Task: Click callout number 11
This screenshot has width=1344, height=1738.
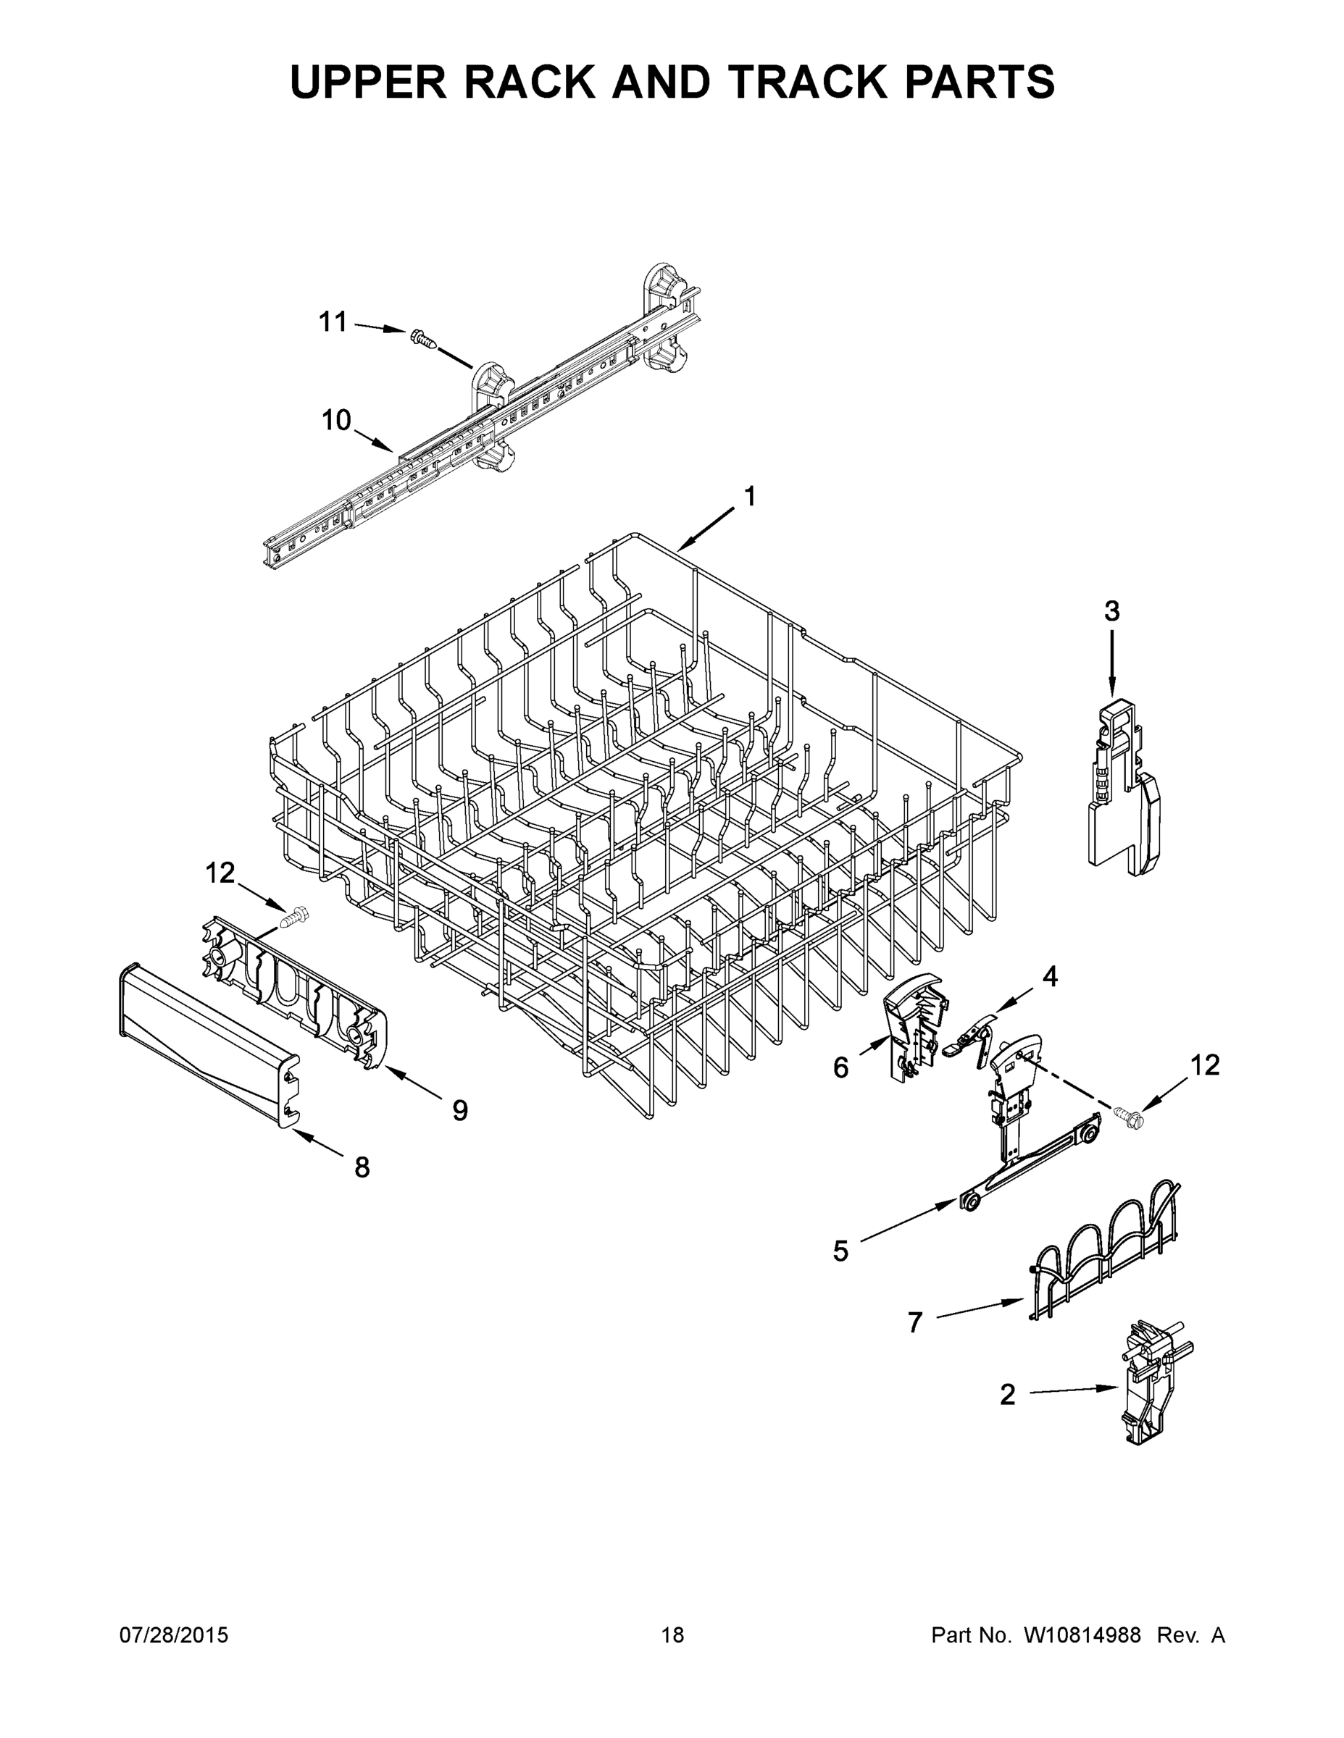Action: click(333, 322)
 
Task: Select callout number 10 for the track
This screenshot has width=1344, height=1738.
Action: click(336, 419)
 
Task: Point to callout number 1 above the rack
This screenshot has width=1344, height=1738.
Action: click(749, 497)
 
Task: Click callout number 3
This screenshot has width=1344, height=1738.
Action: click(1111, 611)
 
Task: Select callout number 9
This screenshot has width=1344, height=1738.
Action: click(460, 1110)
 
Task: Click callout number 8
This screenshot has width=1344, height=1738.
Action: click(362, 1167)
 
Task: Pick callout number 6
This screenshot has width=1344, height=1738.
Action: click(840, 1067)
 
